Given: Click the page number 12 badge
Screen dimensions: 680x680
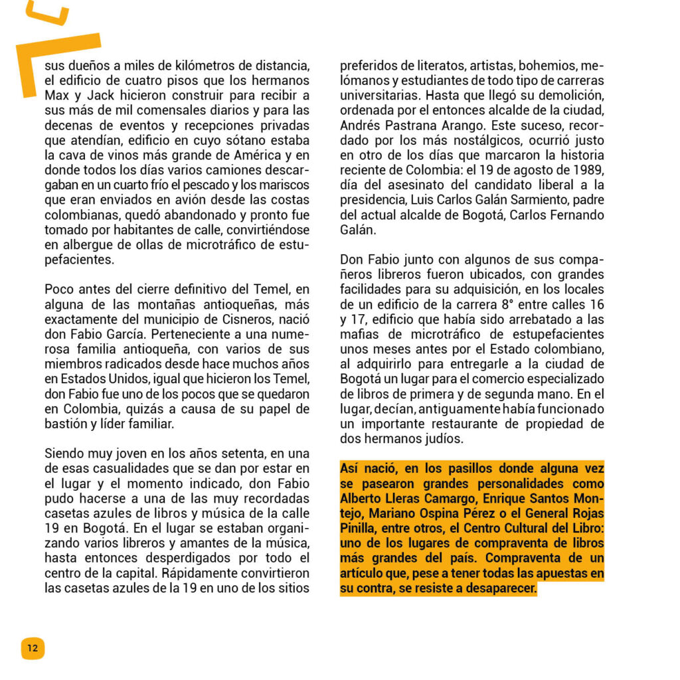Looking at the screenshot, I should (x=33, y=648).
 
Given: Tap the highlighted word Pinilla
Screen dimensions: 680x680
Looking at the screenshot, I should (x=361, y=528).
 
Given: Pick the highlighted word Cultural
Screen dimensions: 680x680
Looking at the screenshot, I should (x=504, y=528).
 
